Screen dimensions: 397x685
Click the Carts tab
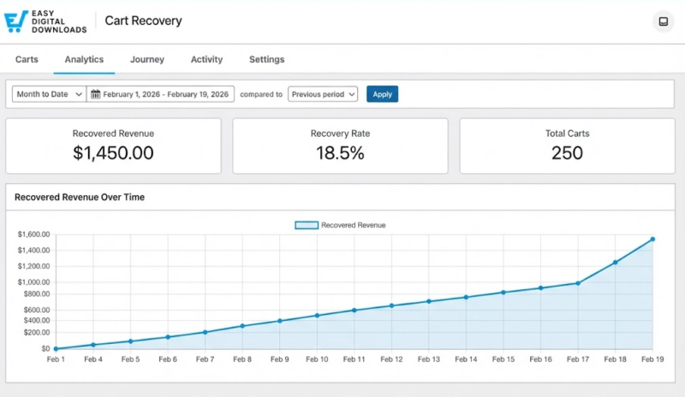coord(27,60)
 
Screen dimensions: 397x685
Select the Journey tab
coord(147,60)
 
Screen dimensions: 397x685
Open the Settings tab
coord(266,60)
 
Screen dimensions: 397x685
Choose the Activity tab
coord(206,60)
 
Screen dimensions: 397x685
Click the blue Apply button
coord(382,94)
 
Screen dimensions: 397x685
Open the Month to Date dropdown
coord(49,94)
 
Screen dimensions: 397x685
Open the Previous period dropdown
coord(323,94)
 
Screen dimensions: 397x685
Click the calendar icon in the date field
coord(95,94)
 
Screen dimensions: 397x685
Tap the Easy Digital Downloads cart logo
coord(16,22)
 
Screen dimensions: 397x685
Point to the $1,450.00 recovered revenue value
coord(113,153)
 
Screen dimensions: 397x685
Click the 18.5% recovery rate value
coord(340,153)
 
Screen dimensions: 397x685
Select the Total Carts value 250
coord(567,153)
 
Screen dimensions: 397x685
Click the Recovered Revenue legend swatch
coord(307,225)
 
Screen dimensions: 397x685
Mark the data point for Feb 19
coord(652,240)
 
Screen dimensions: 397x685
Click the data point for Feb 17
coord(578,283)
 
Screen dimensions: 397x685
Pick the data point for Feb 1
coord(56,348)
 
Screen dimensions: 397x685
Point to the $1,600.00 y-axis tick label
coord(33,234)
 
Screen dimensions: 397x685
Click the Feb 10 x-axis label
coord(317,360)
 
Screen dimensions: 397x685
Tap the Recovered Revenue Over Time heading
coord(80,197)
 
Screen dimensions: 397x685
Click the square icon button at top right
coord(663,22)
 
